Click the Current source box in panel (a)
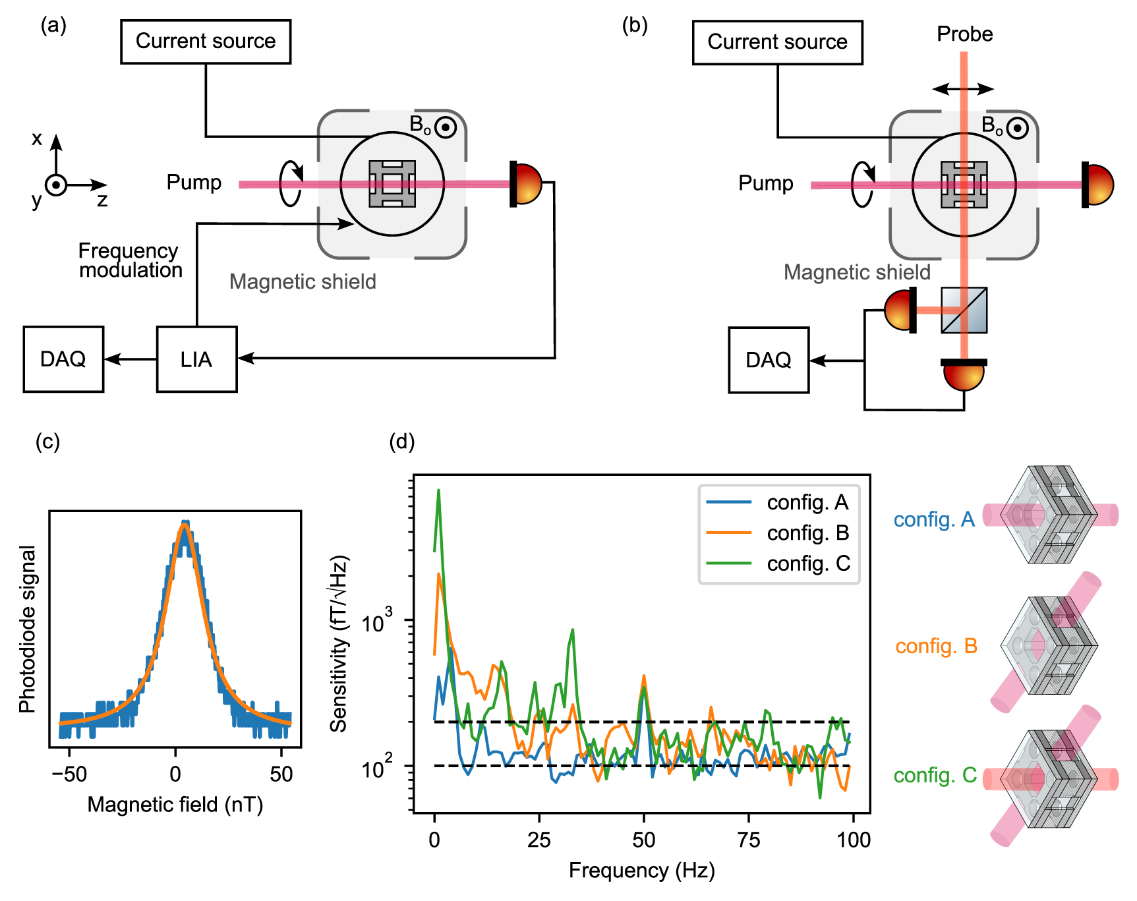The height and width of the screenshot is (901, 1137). pyautogui.click(x=206, y=42)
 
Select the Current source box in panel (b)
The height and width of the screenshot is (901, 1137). pyautogui.click(x=777, y=43)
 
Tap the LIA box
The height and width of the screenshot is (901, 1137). pyautogui.click(x=196, y=359)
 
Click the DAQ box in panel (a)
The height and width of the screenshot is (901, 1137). pyautogui.click(x=63, y=359)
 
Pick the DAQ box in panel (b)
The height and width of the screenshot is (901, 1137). pyautogui.click(x=769, y=361)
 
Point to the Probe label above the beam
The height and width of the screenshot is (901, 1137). pyautogui.click(x=964, y=34)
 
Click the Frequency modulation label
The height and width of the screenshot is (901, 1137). pyautogui.click(x=130, y=260)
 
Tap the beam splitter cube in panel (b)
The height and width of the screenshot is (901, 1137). pyautogui.click(x=964, y=310)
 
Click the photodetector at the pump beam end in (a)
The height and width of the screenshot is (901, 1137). pyautogui.click(x=527, y=184)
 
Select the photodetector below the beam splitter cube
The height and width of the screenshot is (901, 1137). pyautogui.click(x=964, y=374)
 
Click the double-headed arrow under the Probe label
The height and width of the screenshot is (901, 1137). pyautogui.click(x=963, y=89)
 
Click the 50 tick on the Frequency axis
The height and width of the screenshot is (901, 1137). pyautogui.click(x=643, y=840)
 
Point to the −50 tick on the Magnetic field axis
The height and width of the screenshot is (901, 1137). pyautogui.click(x=69, y=774)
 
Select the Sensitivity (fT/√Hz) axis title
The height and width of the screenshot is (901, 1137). pyautogui.click(x=339, y=644)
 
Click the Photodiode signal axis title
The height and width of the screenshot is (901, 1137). pyautogui.click(x=27, y=629)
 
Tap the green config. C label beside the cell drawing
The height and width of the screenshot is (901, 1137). pyautogui.click(x=935, y=776)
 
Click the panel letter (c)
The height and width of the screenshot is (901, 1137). pyautogui.click(x=47, y=442)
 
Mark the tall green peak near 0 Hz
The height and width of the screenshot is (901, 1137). pyautogui.click(x=438, y=491)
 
